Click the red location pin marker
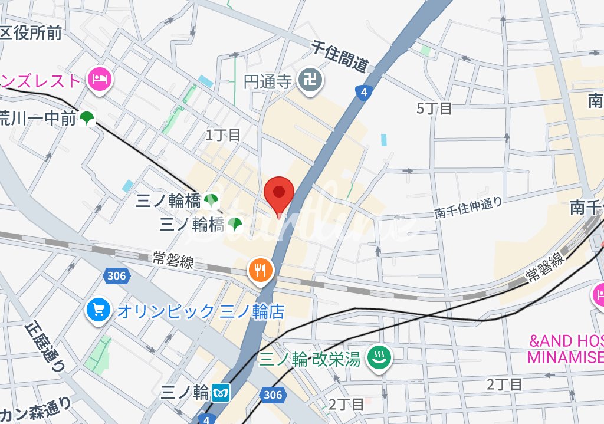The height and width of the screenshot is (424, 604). pos(279,194)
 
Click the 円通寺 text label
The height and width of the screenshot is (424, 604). pos(268,81)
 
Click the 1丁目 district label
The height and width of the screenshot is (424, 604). pos(223,135)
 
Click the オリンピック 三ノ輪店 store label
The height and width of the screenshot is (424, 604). pos(201,311)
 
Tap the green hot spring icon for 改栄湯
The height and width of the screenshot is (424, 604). pos(375,357)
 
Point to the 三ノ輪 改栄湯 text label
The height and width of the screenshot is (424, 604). pos(310,358)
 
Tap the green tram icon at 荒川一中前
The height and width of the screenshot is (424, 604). pos(87,119)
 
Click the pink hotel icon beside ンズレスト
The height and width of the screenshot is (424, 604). pos(99,80)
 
